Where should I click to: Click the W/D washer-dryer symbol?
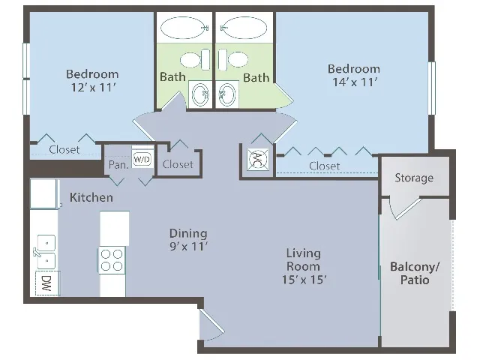click(x=142, y=159)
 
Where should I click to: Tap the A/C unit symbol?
click(x=258, y=159)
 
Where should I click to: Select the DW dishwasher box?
click(x=47, y=283)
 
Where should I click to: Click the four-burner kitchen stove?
click(x=112, y=260)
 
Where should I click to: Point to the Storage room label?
click(x=414, y=178)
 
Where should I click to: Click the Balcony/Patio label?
click(x=415, y=273)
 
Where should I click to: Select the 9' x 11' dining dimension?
click(x=189, y=247)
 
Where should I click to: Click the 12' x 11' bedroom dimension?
click(x=93, y=88)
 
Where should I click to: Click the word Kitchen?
click(x=91, y=197)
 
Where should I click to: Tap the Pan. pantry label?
click(x=118, y=165)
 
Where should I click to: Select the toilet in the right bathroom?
click(x=233, y=59)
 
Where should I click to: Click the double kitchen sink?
click(x=45, y=252)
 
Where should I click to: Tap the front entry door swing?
click(x=211, y=325)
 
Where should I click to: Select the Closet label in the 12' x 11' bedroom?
click(x=64, y=150)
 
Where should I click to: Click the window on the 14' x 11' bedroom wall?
click(x=432, y=88)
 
